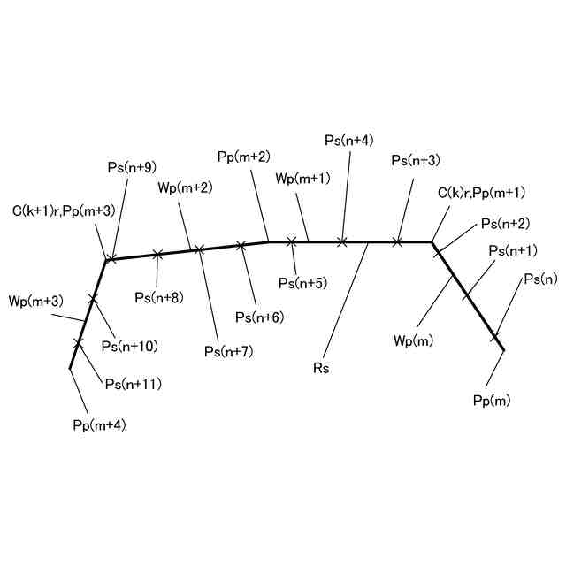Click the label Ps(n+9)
click(132, 166)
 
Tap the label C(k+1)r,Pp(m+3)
click(63, 210)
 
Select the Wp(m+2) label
click(186, 187)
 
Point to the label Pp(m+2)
click(243, 157)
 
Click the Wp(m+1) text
click(302, 179)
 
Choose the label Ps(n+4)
click(348, 140)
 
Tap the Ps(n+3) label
click(416, 160)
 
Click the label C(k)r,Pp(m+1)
click(481, 194)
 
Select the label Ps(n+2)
click(505, 224)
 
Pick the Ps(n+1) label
click(513, 250)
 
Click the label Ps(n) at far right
click(540, 279)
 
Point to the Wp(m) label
click(414, 340)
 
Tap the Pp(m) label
click(492, 402)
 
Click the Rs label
click(320, 368)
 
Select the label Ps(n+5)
click(302, 284)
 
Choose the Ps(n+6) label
click(259, 317)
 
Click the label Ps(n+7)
click(229, 351)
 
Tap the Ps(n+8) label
click(159, 297)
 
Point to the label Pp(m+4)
click(99, 425)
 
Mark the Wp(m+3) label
click(35, 302)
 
